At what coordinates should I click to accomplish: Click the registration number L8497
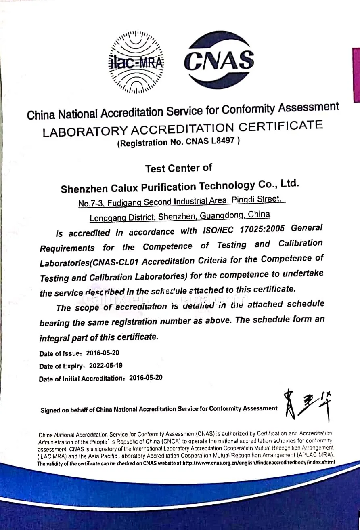coord(225,141)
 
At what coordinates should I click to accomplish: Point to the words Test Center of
coord(178,168)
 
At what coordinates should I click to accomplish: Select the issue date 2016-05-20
coord(105,353)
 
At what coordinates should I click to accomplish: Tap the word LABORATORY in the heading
coord(85,131)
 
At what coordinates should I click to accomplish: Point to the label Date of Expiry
coord(62,366)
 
